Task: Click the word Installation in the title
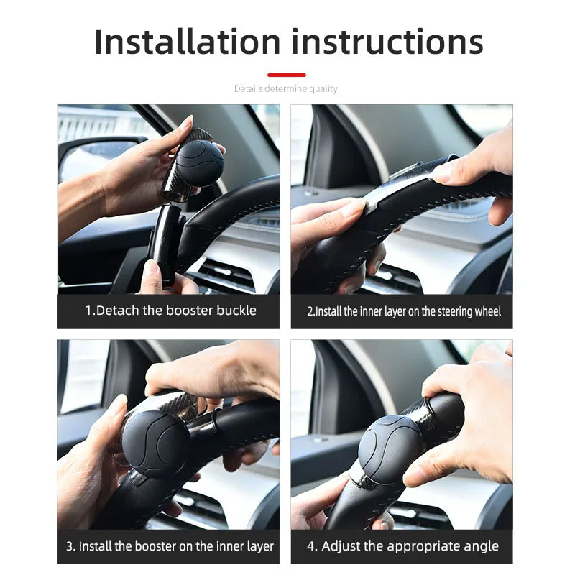click(188, 42)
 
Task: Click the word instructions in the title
click(387, 42)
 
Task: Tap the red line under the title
click(286, 75)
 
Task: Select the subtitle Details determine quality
click(285, 88)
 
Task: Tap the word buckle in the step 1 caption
click(236, 310)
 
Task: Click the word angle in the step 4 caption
click(481, 547)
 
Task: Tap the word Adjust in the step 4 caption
click(339, 546)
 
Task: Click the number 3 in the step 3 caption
click(70, 546)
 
